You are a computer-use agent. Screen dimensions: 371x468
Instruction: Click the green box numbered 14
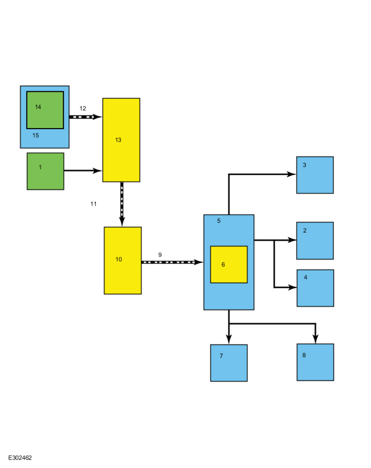pyautogui.click(x=45, y=110)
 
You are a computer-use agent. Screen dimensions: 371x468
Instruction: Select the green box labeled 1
pyautogui.click(x=45, y=171)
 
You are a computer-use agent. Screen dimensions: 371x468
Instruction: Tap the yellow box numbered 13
pyautogui.click(x=122, y=140)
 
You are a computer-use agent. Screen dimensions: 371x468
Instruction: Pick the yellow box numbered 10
pyautogui.click(x=123, y=261)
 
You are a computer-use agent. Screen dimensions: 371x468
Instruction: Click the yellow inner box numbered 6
pyautogui.click(x=229, y=265)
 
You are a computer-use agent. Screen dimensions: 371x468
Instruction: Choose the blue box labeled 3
pyautogui.click(x=315, y=175)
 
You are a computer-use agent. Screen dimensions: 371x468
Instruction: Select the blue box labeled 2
pyautogui.click(x=315, y=241)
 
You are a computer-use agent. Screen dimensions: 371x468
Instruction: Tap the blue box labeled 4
pyautogui.click(x=315, y=288)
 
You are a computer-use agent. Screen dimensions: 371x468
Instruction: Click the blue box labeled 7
pyautogui.click(x=229, y=363)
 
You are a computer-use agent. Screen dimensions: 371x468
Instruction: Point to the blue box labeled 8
pyautogui.click(x=315, y=362)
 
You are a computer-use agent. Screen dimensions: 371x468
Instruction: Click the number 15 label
pyautogui.click(x=36, y=135)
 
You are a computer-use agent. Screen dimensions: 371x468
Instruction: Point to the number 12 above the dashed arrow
pyautogui.click(x=83, y=109)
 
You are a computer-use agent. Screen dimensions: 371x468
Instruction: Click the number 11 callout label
pyautogui.click(x=94, y=204)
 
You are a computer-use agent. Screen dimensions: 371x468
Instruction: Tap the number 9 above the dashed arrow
pyautogui.click(x=160, y=255)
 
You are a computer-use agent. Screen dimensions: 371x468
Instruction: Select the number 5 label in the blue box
pyautogui.click(x=219, y=221)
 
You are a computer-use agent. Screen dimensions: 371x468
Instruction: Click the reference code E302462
pyautogui.click(x=20, y=458)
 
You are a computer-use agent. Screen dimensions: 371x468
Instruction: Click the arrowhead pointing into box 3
pyautogui.click(x=291, y=174)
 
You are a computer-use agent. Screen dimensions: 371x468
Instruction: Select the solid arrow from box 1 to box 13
pyautogui.click(x=83, y=171)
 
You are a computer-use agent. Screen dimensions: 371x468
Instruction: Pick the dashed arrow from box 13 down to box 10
pyautogui.click(x=122, y=205)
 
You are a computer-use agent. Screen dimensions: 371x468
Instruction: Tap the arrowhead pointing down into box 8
pyautogui.click(x=315, y=339)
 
